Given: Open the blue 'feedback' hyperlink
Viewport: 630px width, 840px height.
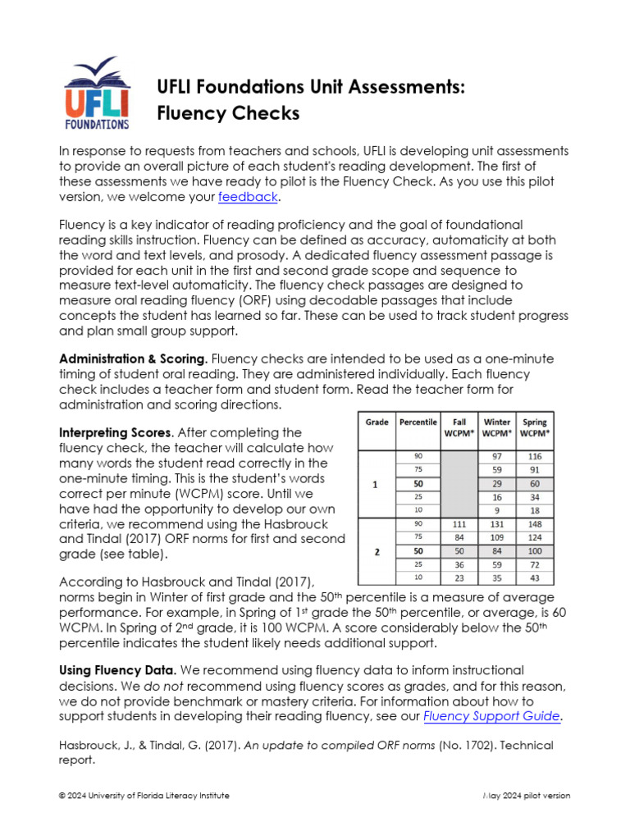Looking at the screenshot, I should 249,198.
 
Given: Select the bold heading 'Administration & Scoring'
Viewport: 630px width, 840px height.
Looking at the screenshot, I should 131,359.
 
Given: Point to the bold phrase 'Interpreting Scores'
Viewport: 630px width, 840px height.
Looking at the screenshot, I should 116,432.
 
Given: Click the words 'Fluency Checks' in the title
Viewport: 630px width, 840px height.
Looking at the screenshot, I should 228,113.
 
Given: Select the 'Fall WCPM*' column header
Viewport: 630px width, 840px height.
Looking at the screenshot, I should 458,428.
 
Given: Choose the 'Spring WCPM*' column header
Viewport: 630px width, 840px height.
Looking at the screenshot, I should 535,428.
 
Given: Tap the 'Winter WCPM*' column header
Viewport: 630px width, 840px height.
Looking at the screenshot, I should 496,428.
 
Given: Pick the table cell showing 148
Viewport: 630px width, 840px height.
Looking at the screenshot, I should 535,523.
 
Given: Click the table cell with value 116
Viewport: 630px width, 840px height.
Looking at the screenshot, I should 535,455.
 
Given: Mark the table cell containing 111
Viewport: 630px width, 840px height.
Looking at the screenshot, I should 458,523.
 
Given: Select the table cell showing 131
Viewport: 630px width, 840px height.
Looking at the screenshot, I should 496,523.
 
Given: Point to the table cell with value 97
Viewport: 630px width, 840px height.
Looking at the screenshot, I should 496,455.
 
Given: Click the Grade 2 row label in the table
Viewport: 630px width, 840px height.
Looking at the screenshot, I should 377,552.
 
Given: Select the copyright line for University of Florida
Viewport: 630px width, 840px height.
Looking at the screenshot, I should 144,796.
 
